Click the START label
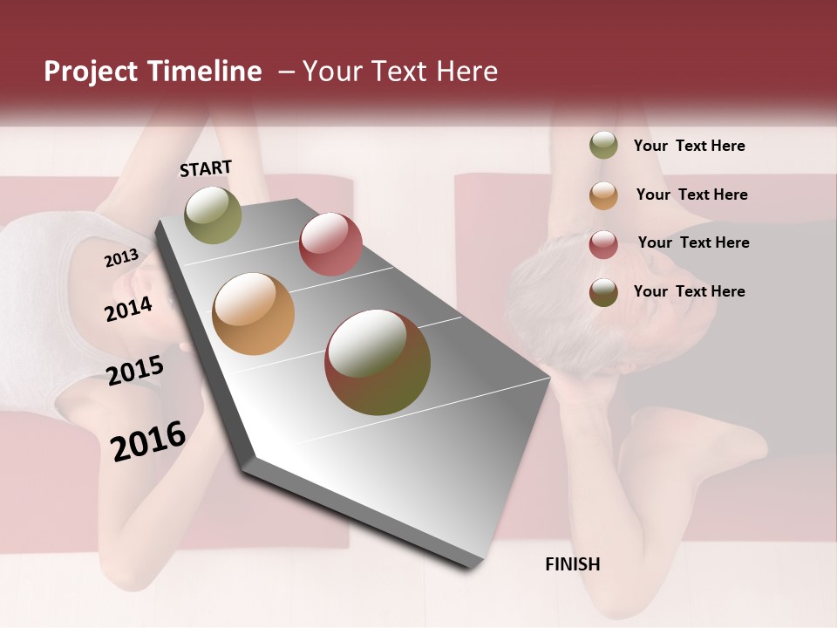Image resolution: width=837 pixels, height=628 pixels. [206, 168]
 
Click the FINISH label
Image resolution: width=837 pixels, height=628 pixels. [572, 564]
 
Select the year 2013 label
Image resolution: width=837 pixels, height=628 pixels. [121, 257]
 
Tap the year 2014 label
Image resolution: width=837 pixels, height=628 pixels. [129, 309]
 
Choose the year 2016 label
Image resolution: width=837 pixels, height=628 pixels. [148, 440]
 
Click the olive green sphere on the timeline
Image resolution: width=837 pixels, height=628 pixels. [213, 215]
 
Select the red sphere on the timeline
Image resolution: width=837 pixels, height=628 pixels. [330, 244]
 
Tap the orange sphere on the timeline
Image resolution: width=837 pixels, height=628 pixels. [254, 314]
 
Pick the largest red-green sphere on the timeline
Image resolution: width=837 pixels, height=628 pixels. [378, 362]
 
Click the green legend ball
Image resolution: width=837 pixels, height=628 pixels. [603, 146]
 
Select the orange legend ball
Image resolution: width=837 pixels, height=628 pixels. [603, 195]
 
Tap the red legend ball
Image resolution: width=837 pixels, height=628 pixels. [603, 244]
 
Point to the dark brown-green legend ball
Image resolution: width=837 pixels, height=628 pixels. [603, 292]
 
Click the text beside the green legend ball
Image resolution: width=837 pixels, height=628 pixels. [689, 146]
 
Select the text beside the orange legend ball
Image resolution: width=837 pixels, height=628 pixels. [691, 195]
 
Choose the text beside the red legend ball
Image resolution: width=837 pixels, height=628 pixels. [693, 242]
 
